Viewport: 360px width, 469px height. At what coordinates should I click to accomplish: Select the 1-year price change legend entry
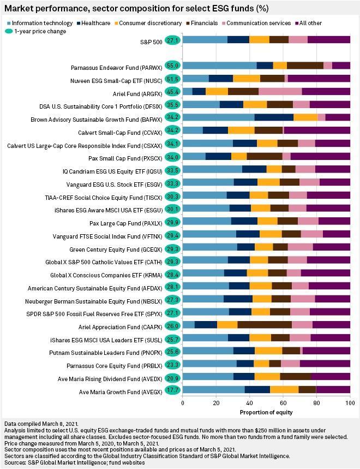(x=37, y=31)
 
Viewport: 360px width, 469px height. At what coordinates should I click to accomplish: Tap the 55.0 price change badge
(x=173, y=66)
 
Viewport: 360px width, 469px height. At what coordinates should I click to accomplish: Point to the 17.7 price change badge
(x=173, y=389)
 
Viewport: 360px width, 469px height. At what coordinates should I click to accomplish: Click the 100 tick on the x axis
(x=348, y=402)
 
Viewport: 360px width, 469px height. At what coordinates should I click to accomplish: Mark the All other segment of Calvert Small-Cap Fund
(x=317, y=130)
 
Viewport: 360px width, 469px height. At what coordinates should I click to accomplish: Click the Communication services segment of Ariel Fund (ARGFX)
(x=280, y=91)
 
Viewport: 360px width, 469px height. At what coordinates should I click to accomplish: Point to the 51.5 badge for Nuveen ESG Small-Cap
(x=173, y=79)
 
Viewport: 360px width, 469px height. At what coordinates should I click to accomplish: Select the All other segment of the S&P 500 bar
(x=329, y=40)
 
